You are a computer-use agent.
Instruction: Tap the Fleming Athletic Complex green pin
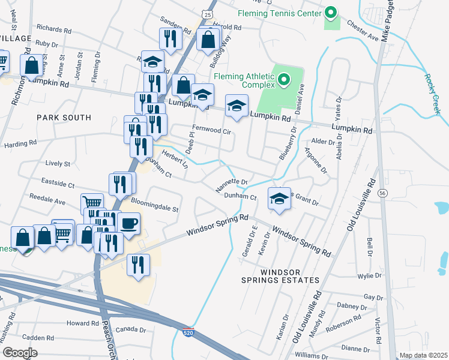click(x=284, y=79)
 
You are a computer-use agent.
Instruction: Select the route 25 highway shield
click(x=207, y=13)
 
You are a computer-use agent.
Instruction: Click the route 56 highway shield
click(x=382, y=193)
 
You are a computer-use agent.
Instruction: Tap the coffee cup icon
click(x=128, y=224)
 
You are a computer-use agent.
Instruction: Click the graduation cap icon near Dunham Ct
click(x=279, y=199)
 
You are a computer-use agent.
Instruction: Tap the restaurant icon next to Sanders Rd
click(x=170, y=38)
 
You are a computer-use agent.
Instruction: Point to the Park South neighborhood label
click(x=64, y=118)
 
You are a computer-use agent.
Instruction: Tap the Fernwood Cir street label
click(x=211, y=130)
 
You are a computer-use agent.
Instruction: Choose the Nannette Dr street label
click(x=232, y=185)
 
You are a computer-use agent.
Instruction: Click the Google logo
click(x=20, y=352)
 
